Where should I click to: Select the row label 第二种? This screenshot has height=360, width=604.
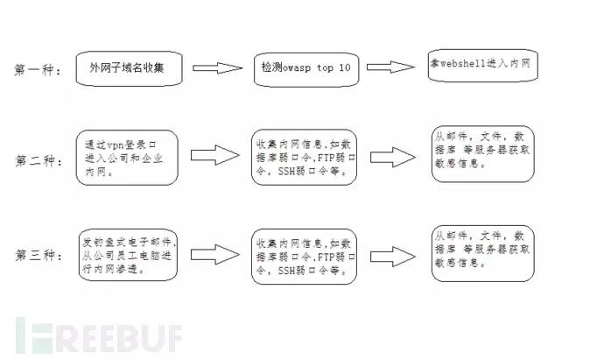(38, 161)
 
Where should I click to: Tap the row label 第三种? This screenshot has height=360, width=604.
(38, 255)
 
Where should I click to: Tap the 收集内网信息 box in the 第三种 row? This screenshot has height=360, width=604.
(304, 255)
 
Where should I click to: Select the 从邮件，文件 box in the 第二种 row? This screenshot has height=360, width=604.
(481, 154)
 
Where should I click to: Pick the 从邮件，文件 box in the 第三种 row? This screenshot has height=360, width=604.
(481, 251)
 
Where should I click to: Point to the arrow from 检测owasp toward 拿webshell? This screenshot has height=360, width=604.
(390, 67)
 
